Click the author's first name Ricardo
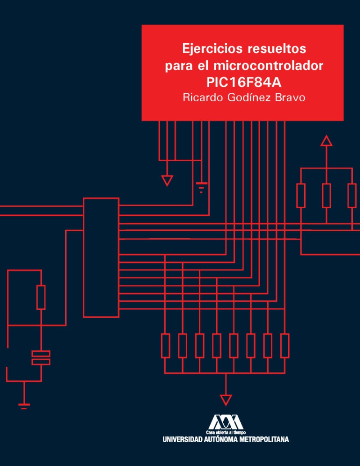202,98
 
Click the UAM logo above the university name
225,422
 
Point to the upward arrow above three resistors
326,141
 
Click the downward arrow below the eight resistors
226,399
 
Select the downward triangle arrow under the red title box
167,181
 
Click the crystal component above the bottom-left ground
41,357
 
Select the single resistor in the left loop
41,297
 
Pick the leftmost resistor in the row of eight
166,345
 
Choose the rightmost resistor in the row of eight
285,345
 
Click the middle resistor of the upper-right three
326,195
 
